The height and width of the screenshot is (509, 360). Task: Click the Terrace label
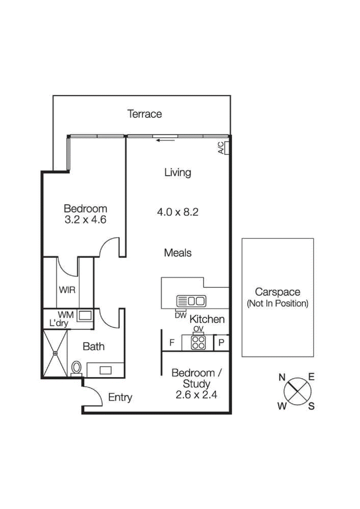(145, 114)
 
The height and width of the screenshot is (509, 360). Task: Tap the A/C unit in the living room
(227, 148)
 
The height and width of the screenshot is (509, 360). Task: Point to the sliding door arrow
(165, 140)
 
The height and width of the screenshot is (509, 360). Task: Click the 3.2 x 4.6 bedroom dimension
(85, 220)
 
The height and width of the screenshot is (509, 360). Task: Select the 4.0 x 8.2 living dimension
(178, 212)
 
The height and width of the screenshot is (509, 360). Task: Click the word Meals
(178, 253)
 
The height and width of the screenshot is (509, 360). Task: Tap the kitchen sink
(191, 301)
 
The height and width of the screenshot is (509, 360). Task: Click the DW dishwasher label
(180, 315)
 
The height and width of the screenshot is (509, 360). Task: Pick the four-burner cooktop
(198, 343)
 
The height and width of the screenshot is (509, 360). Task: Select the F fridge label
(172, 343)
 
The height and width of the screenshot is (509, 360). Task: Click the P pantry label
(222, 343)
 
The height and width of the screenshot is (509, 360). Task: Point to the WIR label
(67, 290)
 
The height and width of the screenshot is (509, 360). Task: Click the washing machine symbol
(85, 316)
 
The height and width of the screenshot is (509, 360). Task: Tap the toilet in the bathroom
(76, 368)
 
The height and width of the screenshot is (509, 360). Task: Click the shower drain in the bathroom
(55, 353)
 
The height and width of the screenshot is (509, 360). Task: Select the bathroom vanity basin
(105, 370)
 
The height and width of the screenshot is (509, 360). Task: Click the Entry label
(120, 397)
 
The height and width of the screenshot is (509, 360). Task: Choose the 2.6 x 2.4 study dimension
(196, 395)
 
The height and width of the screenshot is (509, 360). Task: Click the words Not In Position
(278, 303)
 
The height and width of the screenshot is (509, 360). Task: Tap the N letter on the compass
(282, 377)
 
